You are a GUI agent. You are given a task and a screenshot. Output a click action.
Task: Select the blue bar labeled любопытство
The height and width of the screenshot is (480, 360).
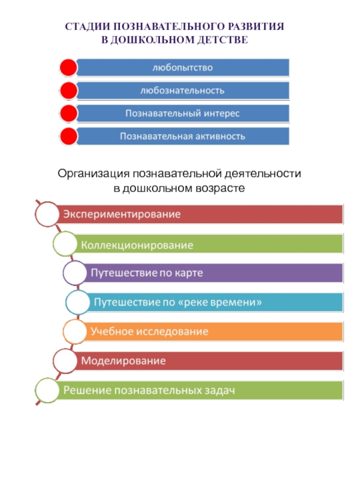tap(182, 67)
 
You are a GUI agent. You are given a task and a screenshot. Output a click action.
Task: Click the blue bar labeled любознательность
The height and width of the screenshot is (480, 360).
tap(182, 90)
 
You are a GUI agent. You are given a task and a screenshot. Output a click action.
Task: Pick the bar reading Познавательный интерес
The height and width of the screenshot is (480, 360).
tap(182, 113)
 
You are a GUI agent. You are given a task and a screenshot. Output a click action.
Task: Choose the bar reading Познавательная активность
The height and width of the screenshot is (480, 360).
tap(182, 136)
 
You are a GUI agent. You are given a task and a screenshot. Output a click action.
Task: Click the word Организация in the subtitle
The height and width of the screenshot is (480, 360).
tap(93, 173)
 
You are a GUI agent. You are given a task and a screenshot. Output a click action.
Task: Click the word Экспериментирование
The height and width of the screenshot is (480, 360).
tap(121, 214)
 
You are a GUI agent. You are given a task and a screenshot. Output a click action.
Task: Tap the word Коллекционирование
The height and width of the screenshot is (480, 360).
tap(137, 245)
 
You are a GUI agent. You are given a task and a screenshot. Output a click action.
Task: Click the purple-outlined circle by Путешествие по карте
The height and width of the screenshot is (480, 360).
tap(74, 273)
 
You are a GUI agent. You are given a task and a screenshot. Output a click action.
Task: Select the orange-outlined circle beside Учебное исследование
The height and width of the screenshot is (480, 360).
tap(74, 332)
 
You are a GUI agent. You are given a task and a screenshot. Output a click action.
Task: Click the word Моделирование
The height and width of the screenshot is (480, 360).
tap(123, 361)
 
